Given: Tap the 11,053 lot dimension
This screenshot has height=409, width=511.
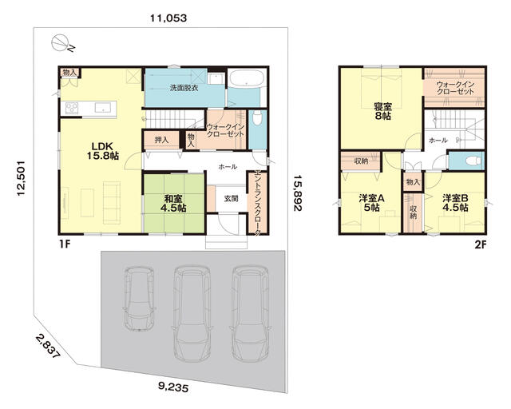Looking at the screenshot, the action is click(168, 18).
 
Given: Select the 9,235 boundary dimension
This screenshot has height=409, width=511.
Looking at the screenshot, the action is click(173, 387).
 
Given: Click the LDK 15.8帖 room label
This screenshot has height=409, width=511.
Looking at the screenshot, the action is click(102, 151).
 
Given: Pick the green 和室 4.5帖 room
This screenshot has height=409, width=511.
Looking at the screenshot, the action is click(174, 204).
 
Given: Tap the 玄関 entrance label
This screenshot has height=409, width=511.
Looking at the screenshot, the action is click(231, 198).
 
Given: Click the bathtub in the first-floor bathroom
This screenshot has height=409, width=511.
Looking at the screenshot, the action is click(247, 78).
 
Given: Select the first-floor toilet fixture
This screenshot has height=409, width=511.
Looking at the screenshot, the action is click(257, 118).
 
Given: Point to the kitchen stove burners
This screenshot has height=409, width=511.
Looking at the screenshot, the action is click(72, 108).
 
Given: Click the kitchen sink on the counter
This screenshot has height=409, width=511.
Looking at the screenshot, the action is click(103, 108).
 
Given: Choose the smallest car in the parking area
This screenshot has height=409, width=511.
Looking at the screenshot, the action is click(139, 298).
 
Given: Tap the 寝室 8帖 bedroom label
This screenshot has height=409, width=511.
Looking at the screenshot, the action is click(382, 111).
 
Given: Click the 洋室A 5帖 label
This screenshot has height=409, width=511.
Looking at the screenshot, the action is click(371, 203).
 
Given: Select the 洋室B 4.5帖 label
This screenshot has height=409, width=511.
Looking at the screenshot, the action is click(455, 203).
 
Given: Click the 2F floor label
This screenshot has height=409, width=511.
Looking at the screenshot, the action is click(480, 244).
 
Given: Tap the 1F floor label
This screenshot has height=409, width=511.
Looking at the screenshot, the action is click(65, 244).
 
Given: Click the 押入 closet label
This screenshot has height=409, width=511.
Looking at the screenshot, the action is click(161, 141).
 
